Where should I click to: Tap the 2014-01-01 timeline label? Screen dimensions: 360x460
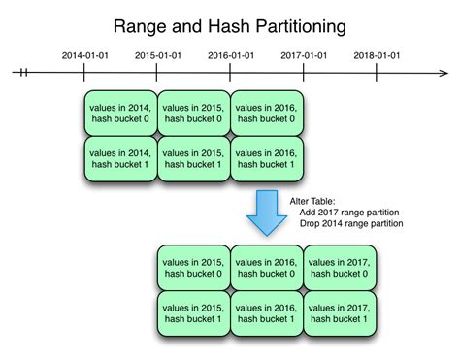pos(84,55)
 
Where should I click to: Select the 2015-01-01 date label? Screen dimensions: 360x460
pos(158,55)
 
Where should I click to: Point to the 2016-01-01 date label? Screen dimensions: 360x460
pos(231,55)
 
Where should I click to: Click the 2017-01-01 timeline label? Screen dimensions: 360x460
pos(304,55)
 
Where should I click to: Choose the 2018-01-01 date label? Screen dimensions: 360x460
pos(378,55)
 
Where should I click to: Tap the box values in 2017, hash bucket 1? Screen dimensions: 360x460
pos(339,311)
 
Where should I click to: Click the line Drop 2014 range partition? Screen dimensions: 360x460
pos(350,224)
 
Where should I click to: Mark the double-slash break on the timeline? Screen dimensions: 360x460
pos(24,72)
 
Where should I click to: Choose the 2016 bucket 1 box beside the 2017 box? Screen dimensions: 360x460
pos(265,311)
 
